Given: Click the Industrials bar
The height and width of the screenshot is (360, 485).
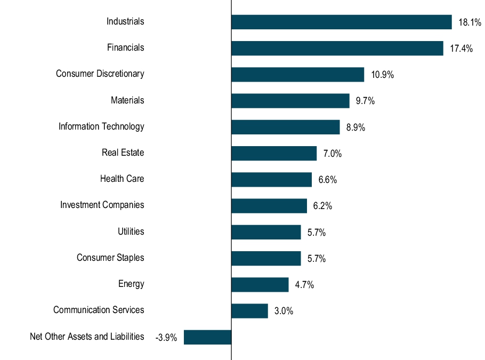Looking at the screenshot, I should click(x=341, y=22).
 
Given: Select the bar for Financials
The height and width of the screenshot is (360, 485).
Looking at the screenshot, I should click(x=337, y=48).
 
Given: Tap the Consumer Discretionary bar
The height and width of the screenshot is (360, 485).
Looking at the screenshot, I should click(x=297, y=74).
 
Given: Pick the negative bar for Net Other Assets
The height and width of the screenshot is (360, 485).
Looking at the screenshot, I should click(x=207, y=337).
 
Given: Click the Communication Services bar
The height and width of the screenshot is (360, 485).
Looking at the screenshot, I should click(x=249, y=311).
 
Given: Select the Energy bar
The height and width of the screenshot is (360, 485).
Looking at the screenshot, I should click(x=260, y=284).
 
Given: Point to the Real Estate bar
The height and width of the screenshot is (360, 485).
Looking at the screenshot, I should click(x=274, y=153).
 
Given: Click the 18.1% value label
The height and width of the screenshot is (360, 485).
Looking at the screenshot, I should click(x=470, y=22).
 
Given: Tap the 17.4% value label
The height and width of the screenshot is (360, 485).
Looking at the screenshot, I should click(x=461, y=49).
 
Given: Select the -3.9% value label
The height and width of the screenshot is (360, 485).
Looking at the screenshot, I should click(x=166, y=338).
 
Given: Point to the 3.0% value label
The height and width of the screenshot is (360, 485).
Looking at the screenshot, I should click(x=284, y=311).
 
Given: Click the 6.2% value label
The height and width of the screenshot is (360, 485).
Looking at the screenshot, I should click(x=322, y=206).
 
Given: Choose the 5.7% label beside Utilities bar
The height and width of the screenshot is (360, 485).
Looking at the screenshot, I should click(x=317, y=233).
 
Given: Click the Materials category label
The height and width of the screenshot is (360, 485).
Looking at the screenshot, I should click(x=127, y=100).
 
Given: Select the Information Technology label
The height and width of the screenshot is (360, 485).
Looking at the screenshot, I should click(x=101, y=126).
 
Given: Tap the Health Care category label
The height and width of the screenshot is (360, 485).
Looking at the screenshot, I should click(x=122, y=179).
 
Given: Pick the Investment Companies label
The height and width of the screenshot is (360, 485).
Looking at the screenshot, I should click(x=102, y=205).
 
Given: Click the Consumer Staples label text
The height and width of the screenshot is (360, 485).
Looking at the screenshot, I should click(x=110, y=258).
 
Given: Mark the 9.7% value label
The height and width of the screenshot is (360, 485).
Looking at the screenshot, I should click(x=365, y=101).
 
